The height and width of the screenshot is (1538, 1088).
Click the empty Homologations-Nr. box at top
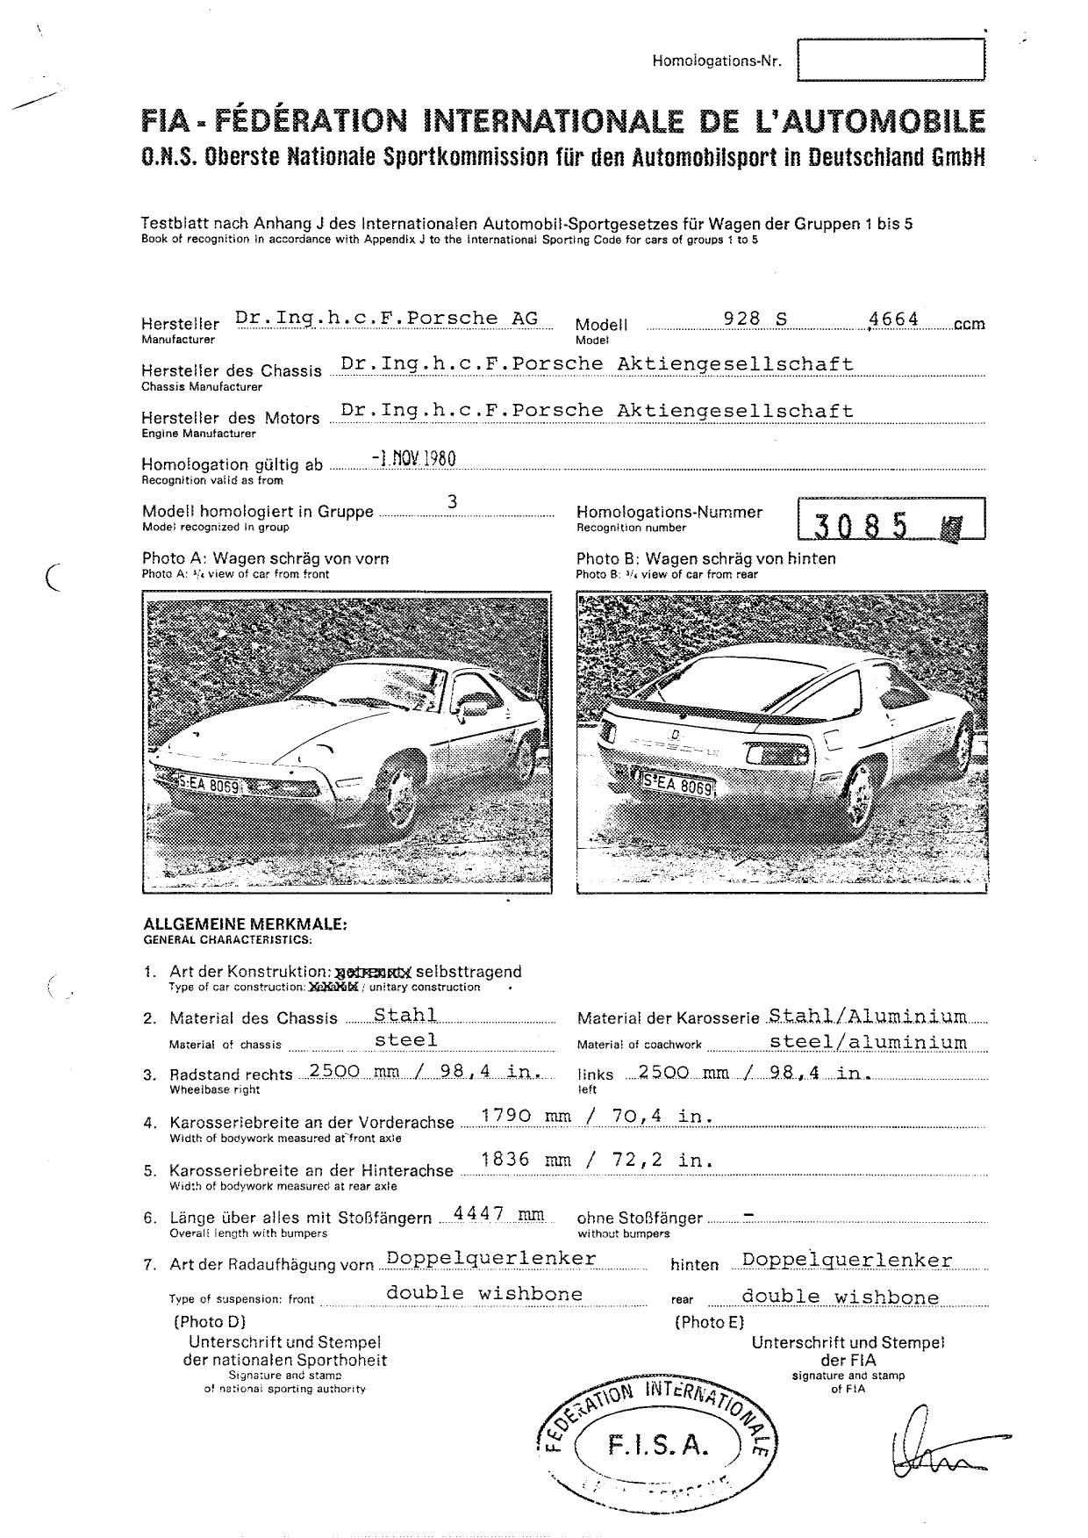pos(891,60)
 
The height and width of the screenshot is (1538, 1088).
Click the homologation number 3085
pos(862,524)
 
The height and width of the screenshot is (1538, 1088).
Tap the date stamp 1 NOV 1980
pos(413,458)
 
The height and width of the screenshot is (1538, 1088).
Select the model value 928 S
pos(755,319)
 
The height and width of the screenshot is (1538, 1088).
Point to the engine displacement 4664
pos(893,319)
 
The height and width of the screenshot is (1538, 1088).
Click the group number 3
pos(453,501)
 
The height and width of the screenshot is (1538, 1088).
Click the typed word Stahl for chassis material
pos(405,1015)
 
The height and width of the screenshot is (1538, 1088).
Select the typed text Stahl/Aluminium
pos(868,1016)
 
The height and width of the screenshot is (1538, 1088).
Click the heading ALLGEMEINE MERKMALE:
pos(246,924)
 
